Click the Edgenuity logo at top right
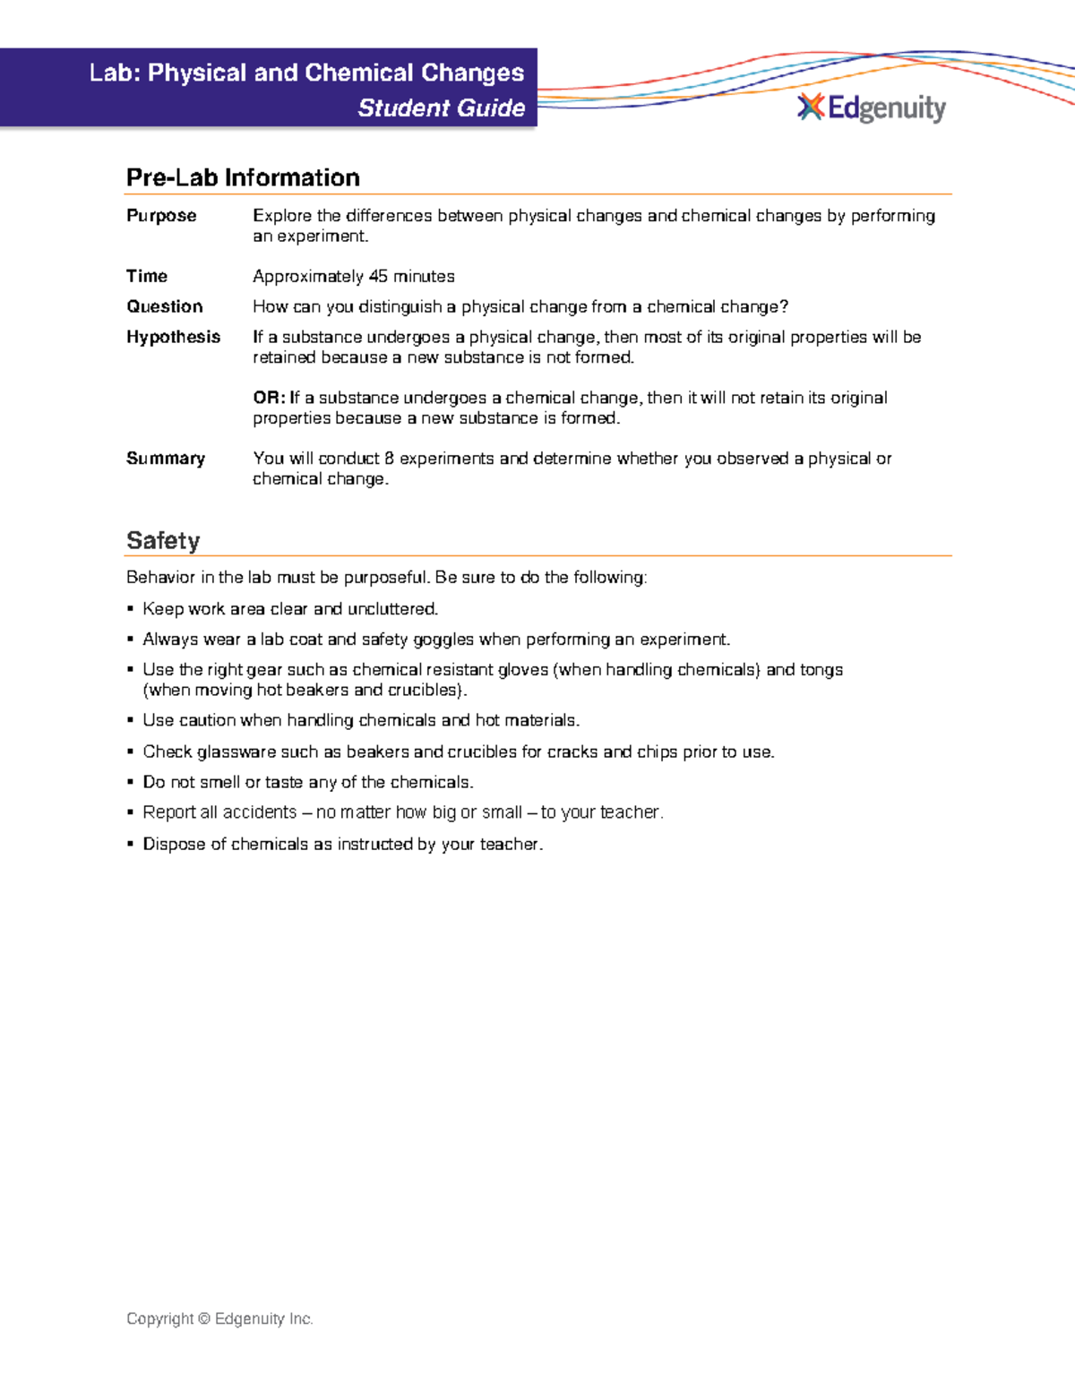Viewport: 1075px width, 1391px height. pyautogui.click(x=871, y=108)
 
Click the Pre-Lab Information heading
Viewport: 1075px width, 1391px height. pyautogui.click(x=243, y=177)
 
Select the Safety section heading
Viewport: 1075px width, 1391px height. pyautogui.click(x=163, y=540)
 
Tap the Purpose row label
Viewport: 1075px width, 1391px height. pyautogui.click(x=161, y=216)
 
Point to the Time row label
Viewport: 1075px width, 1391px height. pyautogui.click(x=147, y=276)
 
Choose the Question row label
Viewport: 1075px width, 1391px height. pyautogui.click(x=165, y=306)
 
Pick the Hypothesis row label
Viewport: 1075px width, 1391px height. pyautogui.click(x=173, y=337)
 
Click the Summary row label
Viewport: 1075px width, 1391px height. pyautogui.click(x=166, y=459)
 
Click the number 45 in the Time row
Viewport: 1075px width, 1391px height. pyautogui.click(x=378, y=276)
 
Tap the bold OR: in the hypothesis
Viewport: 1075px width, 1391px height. pyautogui.click(x=269, y=398)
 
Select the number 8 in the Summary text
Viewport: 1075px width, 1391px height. pyautogui.click(x=389, y=459)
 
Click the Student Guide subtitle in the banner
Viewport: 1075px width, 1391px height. pyautogui.click(x=441, y=108)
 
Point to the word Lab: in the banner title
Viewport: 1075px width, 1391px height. pyautogui.click(x=116, y=73)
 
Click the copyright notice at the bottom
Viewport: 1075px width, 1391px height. pyautogui.click(x=219, y=1318)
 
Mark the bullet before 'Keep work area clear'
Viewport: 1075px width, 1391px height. pyautogui.click(x=131, y=610)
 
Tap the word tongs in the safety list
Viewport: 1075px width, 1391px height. pyautogui.click(x=821, y=670)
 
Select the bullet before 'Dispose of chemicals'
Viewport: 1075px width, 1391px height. pyautogui.click(x=131, y=845)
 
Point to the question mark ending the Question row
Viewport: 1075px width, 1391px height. pyautogui.click(x=784, y=306)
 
